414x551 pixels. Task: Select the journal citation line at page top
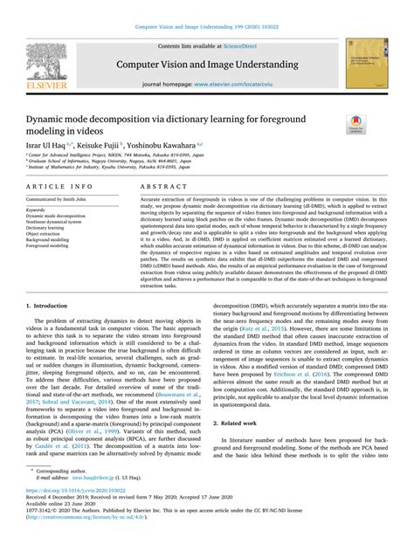[x=206, y=27]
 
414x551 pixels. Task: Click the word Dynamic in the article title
[x=48, y=118]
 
